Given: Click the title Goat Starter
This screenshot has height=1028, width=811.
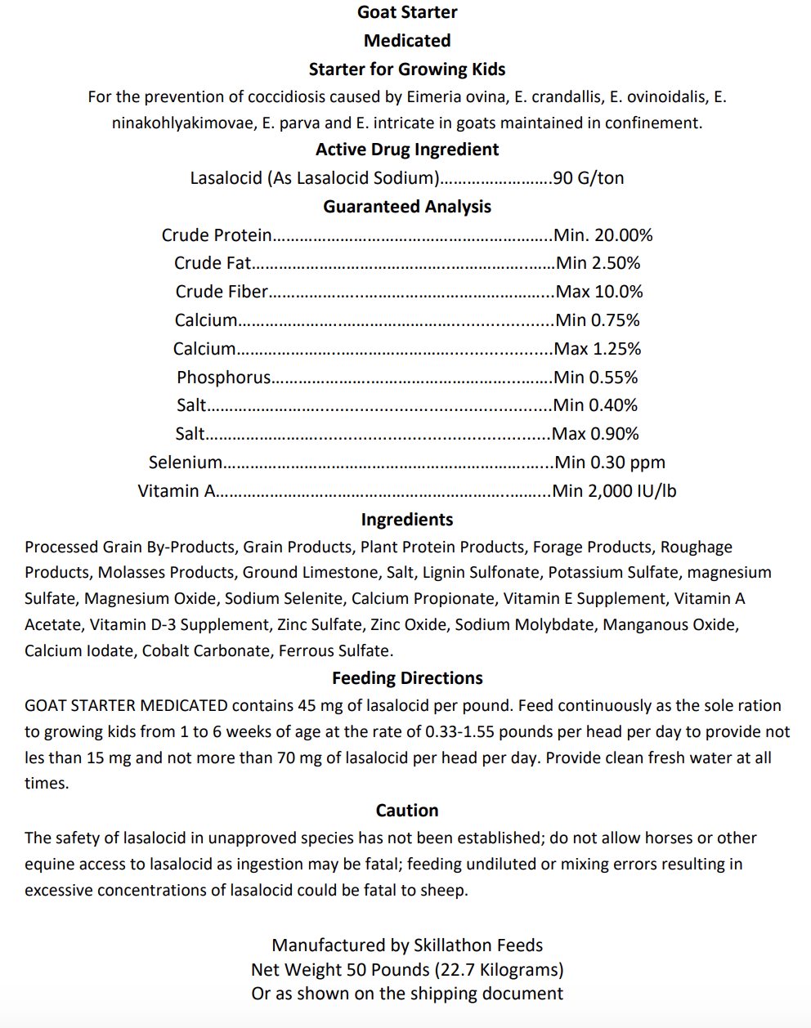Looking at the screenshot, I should coord(407,12).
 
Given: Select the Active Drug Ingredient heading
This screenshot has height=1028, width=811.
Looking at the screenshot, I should coord(407,150).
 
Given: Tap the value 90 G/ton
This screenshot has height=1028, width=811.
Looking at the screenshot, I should coord(589,178).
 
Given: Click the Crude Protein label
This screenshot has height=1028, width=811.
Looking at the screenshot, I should coord(217,235).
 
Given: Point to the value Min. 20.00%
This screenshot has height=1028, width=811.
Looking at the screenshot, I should coord(603,235).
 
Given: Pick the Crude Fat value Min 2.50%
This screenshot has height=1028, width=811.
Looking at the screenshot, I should coord(598,263).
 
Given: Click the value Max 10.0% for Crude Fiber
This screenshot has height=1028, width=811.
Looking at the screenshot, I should coord(599,292).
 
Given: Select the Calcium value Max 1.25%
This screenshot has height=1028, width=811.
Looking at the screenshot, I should coord(598,349).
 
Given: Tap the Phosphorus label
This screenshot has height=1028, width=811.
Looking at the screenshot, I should coord(223,378).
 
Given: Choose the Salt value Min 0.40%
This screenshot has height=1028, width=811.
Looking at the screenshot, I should coord(595,405).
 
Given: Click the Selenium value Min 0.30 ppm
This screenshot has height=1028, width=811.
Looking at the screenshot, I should coord(610,463).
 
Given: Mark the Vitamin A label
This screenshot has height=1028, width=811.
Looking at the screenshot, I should coord(177,491).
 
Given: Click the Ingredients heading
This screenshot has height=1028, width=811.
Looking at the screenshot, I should coord(407,520).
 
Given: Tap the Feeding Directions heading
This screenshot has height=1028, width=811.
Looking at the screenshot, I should coord(407,678).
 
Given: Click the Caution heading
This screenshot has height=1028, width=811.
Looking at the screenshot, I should coord(407,811).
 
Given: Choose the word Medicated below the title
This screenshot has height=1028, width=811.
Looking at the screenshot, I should coord(407,41).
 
